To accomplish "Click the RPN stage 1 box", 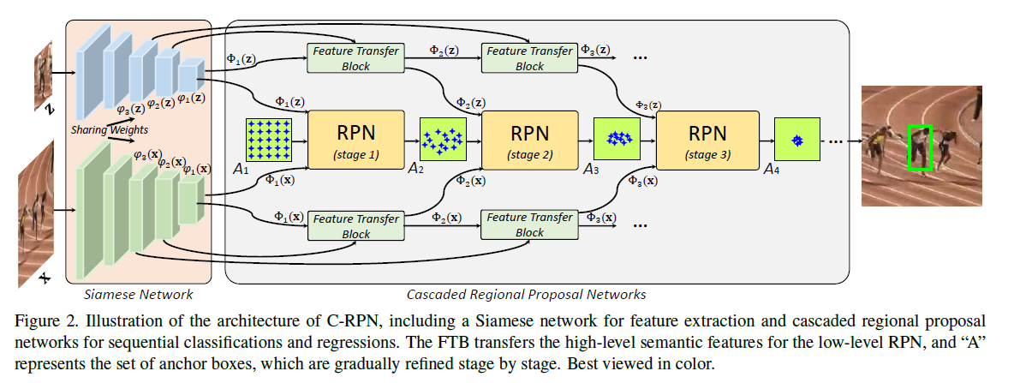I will [x=355, y=141].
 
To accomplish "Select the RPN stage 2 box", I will [x=531, y=141].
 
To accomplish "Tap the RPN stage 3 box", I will [x=707, y=141].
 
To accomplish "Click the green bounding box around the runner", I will [x=920, y=147].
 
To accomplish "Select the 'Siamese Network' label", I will [x=138, y=294].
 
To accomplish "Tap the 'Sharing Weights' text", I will [x=109, y=129].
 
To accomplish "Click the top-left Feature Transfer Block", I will [x=354, y=58].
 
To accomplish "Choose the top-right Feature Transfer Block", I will [x=529, y=58].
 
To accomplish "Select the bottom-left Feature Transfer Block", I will [x=354, y=225].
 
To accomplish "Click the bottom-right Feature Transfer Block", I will [x=529, y=225].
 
